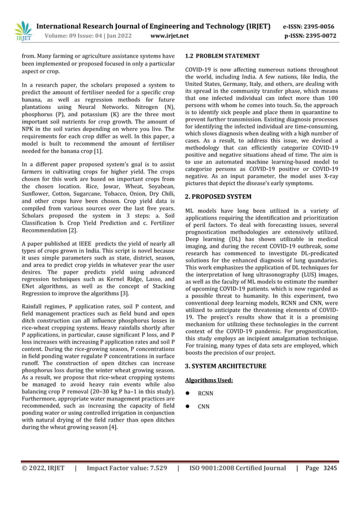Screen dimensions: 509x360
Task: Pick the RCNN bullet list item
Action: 205,393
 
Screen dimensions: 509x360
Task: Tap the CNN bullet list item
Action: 204,406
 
